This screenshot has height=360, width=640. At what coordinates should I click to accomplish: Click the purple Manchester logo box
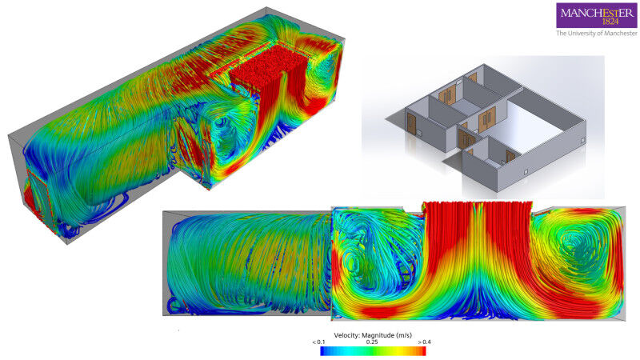pos(596,15)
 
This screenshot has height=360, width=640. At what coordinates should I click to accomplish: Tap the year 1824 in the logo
pos(610,22)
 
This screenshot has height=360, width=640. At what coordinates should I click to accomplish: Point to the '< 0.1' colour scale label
pos(318,342)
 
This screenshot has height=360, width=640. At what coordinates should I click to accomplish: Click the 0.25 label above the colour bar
pos(372,342)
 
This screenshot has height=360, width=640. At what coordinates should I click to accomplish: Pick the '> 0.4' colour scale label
pos(424,342)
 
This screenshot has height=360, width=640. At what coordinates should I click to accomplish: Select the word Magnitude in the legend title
pos(379,335)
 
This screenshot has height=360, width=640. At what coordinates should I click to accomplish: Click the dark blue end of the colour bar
pos(323,351)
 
